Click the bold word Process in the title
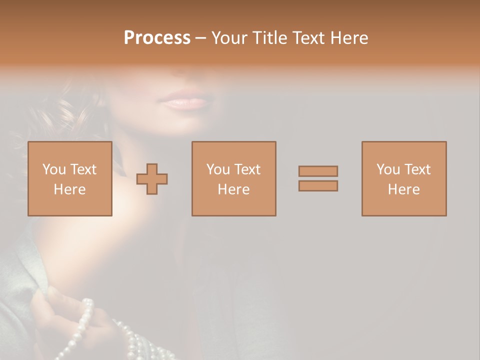point(157,38)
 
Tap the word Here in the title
point(349,38)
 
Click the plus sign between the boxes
point(152,179)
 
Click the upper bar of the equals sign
point(318,171)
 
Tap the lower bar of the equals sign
point(318,186)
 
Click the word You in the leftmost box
point(54,169)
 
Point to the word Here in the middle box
point(234,189)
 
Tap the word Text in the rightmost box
point(417,169)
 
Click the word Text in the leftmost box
point(83,169)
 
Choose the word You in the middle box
point(218,169)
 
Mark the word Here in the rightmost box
point(404,189)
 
